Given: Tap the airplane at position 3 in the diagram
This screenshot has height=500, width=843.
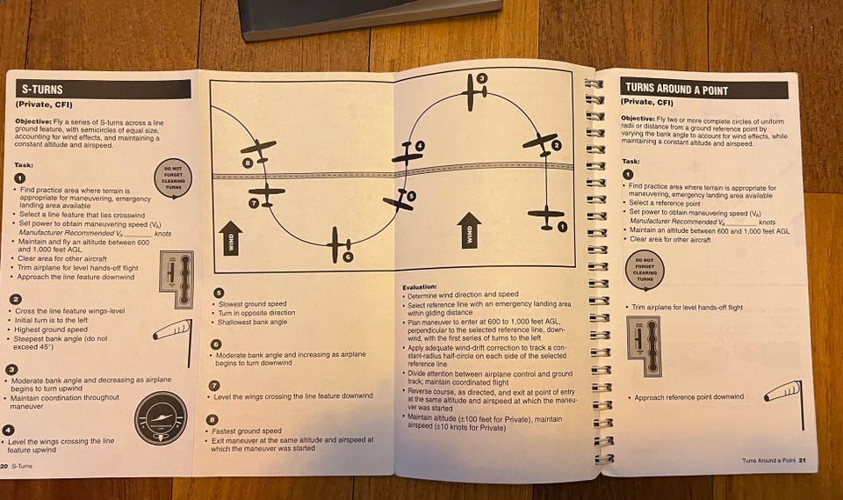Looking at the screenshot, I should coord(474,95).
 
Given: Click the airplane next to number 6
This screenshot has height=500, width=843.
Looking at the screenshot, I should coord(335,243).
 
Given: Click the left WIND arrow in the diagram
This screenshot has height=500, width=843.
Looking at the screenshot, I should coord(230,236).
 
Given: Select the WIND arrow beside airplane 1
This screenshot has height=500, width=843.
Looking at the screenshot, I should coord(470,229).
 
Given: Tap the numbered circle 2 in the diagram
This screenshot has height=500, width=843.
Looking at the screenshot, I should coord(556,145).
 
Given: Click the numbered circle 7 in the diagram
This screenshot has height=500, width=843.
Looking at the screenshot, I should coord(253,203).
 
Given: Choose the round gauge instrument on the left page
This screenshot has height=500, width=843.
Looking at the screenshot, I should coord(160,417).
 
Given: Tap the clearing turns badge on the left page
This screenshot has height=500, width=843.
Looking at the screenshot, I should coord(171,178).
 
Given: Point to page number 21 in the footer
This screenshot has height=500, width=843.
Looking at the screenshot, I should coord(802,460).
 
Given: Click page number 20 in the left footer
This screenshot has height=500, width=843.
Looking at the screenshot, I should coord(5,466).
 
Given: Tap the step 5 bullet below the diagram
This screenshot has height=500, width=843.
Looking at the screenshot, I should coord(219,293).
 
